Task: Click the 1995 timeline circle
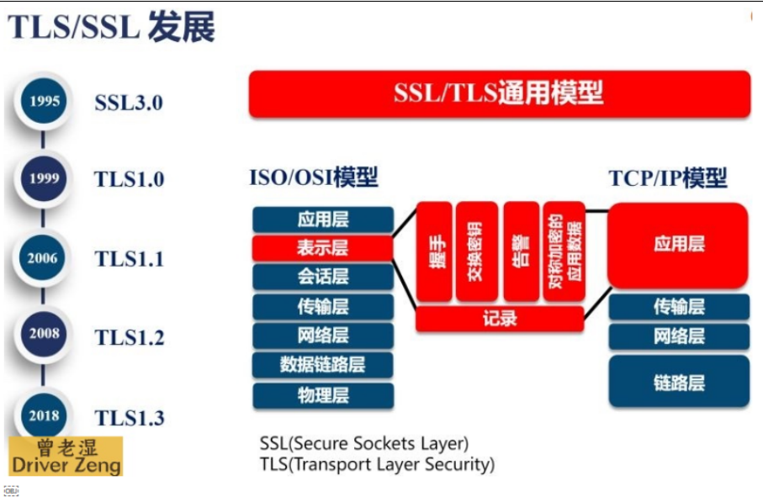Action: [x=45, y=102]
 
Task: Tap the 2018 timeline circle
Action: [x=45, y=415]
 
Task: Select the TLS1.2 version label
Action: [x=129, y=338]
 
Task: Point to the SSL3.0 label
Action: [x=128, y=103]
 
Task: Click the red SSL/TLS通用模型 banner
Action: [x=499, y=93]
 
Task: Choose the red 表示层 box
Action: [x=322, y=248]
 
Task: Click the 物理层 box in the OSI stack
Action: [x=322, y=395]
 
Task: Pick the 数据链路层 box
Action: [x=322, y=365]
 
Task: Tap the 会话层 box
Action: [x=322, y=277]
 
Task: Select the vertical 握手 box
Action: [x=434, y=251]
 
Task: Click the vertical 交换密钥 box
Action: [x=476, y=251]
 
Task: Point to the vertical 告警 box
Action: [x=521, y=251]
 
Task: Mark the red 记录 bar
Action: [x=500, y=319]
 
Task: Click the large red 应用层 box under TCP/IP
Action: [x=678, y=245]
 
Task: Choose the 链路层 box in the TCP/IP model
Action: [x=678, y=382]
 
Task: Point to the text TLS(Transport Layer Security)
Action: [x=377, y=463]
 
